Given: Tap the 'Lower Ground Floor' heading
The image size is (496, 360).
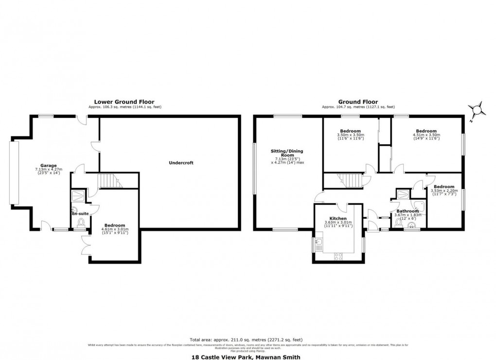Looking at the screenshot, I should (124, 102).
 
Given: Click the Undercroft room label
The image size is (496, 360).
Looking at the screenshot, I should (181, 163).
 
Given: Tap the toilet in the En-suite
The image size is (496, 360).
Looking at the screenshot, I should (81, 222).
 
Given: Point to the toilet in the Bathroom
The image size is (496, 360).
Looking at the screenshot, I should (400, 223).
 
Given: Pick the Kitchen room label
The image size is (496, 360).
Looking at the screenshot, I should (337, 218).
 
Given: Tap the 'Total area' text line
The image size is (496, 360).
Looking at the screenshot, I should (248, 340).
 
